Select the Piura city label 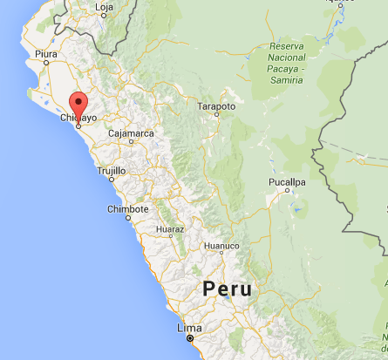point(46,54)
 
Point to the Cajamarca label point(130,133)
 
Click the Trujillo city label point(112,171)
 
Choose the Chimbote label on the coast point(127,209)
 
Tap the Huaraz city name point(169,230)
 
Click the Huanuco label point(221,247)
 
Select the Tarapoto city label point(217,106)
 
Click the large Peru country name point(227,290)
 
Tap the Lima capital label point(189,329)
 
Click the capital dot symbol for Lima point(189,338)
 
